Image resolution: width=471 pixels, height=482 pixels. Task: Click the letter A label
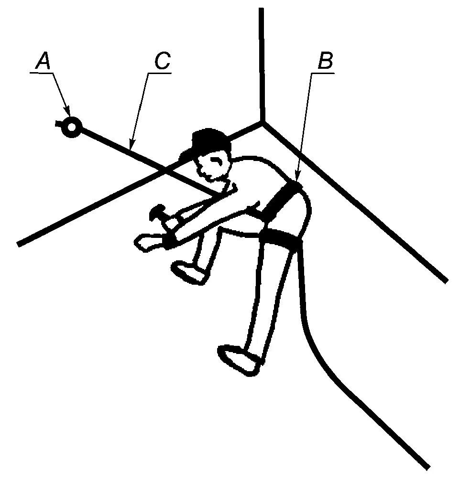pos(44,61)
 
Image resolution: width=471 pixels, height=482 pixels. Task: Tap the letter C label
pos(162,62)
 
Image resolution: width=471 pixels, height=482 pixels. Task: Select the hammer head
pos(157,212)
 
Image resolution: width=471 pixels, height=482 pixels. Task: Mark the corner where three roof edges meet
pos(262,122)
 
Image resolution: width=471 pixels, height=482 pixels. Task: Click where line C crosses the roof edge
pos(165,169)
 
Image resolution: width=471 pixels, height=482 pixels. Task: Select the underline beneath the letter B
pos(323,73)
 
